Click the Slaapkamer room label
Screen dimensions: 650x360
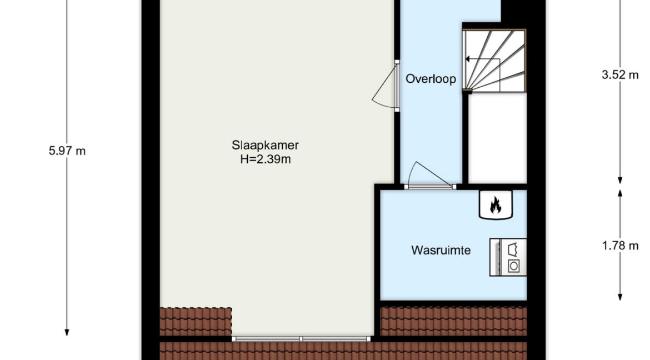[266, 145]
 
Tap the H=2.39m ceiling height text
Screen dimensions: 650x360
[266, 159]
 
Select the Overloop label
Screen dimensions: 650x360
[431, 79]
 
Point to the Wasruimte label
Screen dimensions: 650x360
[441, 251]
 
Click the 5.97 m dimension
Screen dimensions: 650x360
[67, 151]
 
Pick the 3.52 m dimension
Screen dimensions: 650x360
[620, 75]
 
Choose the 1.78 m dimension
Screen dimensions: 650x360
[620, 246]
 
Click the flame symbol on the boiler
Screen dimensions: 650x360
[496, 205]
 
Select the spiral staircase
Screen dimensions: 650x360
[494, 61]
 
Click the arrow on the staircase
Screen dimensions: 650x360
[482, 59]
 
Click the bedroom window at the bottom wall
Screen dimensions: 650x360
[301, 339]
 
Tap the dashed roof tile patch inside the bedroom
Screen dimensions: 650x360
[196, 322]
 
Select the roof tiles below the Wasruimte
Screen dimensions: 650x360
[453, 321]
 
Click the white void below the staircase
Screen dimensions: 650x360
[497, 138]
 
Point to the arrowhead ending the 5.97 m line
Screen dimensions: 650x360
[67, 332]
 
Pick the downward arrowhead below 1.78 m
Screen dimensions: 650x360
[620, 297]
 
